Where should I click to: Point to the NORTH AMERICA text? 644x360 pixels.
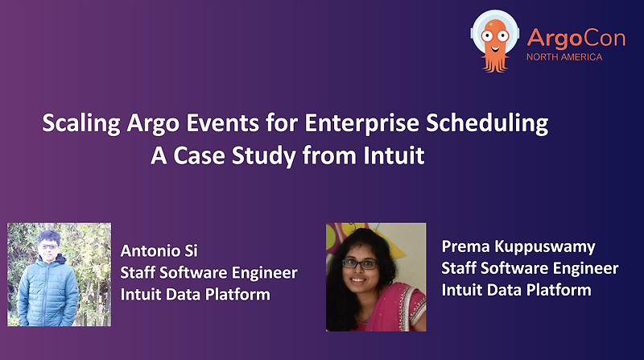click(563, 57)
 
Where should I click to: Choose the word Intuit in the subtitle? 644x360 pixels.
click(395, 155)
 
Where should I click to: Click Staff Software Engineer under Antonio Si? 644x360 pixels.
click(208, 272)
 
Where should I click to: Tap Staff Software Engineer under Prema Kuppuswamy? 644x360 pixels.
click(530, 267)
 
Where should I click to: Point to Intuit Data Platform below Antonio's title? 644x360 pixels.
click(195, 294)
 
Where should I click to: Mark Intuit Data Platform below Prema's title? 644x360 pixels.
click(516, 289)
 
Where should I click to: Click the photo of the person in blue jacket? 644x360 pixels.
click(59, 275)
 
